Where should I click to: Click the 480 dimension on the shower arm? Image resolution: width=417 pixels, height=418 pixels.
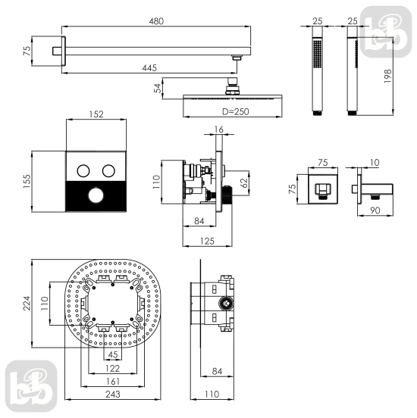click(156, 21)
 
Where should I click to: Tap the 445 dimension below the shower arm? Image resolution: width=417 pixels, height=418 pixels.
click(149, 68)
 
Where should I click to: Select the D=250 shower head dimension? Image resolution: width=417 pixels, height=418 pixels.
click(236, 112)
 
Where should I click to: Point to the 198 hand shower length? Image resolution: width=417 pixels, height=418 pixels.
click(387, 76)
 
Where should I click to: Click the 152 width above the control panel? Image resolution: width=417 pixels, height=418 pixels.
click(96, 114)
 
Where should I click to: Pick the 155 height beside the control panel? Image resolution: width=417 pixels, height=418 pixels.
click(27, 181)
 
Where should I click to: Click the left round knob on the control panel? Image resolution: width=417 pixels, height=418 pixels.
click(83, 170)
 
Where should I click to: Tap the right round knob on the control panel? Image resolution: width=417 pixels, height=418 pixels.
click(108, 170)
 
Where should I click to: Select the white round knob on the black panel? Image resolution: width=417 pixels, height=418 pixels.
click(96, 195)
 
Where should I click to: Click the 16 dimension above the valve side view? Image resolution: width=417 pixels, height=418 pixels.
click(218, 129)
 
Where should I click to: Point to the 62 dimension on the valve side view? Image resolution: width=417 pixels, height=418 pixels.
click(244, 183)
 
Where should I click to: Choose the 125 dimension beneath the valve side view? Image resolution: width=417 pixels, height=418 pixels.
click(207, 242)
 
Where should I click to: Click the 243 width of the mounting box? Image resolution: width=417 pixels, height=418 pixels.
click(113, 394)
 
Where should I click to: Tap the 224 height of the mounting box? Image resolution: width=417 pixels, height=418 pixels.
click(27, 304)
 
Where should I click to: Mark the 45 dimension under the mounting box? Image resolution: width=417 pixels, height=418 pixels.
click(113, 355)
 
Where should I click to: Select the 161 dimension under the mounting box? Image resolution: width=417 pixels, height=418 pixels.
click(113, 382)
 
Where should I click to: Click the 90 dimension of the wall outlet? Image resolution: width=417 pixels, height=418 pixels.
click(375, 211)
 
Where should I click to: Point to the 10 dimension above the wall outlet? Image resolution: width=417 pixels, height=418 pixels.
click(375, 162)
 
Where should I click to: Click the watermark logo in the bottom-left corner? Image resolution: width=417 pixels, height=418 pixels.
click(31, 385)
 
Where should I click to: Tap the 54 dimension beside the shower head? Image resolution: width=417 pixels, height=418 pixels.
click(158, 89)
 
